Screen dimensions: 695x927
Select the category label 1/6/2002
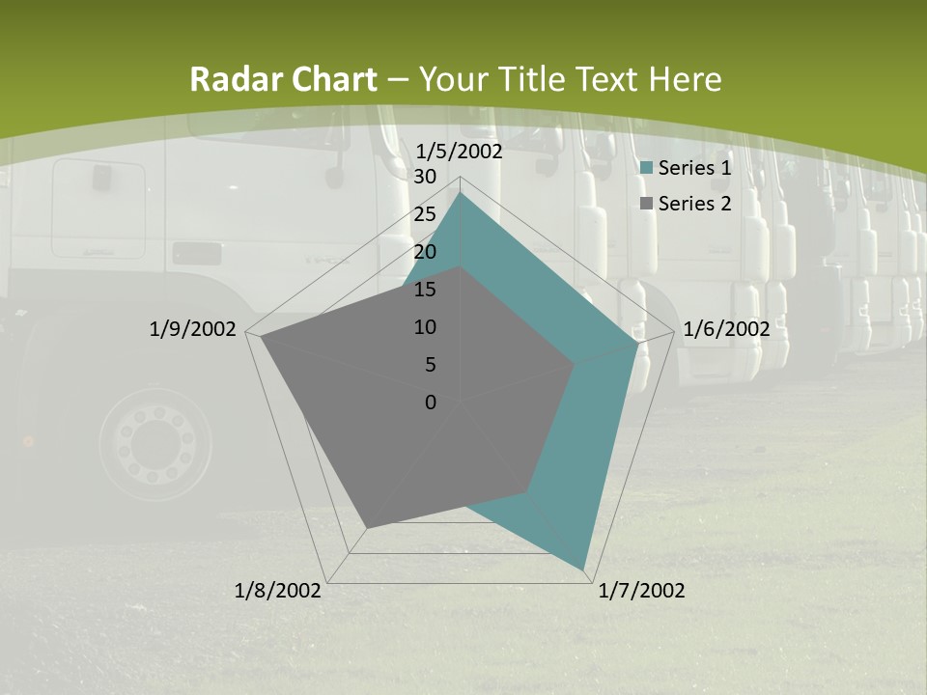click(x=726, y=329)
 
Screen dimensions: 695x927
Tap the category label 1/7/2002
click(x=641, y=591)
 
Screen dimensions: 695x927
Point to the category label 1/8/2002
click(x=278, y=591)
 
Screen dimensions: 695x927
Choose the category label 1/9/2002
click(x=193, y=329)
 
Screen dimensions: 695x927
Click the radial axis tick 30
click(x=425, y=177)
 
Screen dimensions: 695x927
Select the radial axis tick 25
click(x=425, y=214)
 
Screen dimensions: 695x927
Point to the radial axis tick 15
click(x=425, y=290)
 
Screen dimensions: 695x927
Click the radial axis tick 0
click(x=431, y=403)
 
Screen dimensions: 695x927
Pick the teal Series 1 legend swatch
click(x=647, y=169)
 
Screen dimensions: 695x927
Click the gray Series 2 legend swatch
click(x=647, y=204)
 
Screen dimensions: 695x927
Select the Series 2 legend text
click(x=694, y=204)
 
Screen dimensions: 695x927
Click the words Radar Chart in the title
click(x=283, y=80)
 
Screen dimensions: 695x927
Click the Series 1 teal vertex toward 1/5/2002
click(x=460, y=193)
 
